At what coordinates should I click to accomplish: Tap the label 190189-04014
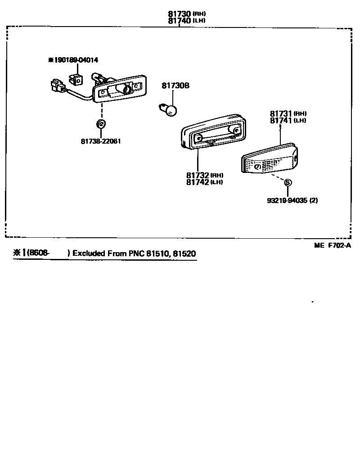tap(76, 60)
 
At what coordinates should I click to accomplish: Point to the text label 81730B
tap(176, 85)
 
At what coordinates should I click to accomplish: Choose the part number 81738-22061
tap(101, 141)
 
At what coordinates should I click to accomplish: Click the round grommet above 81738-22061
tap(101, 124)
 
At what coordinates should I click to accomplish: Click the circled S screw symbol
tap(288, 182)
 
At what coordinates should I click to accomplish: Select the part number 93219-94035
tap(287, 200)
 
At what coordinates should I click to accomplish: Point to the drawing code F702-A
tap(339, 245)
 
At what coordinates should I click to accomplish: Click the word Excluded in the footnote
tap(89, 254)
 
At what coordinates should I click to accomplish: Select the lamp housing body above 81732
tap(214, 131)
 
